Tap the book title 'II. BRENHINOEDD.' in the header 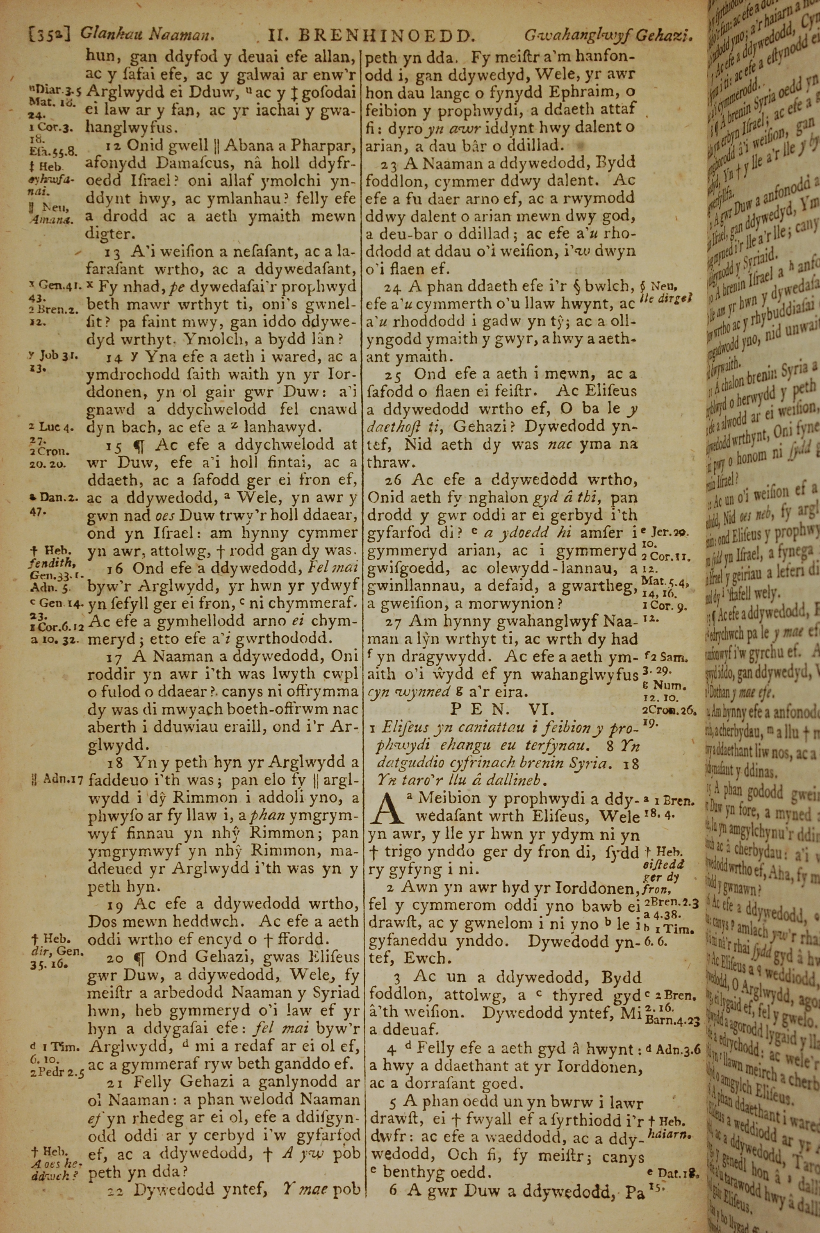[370, 36]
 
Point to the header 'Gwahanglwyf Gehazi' [609, 36]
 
